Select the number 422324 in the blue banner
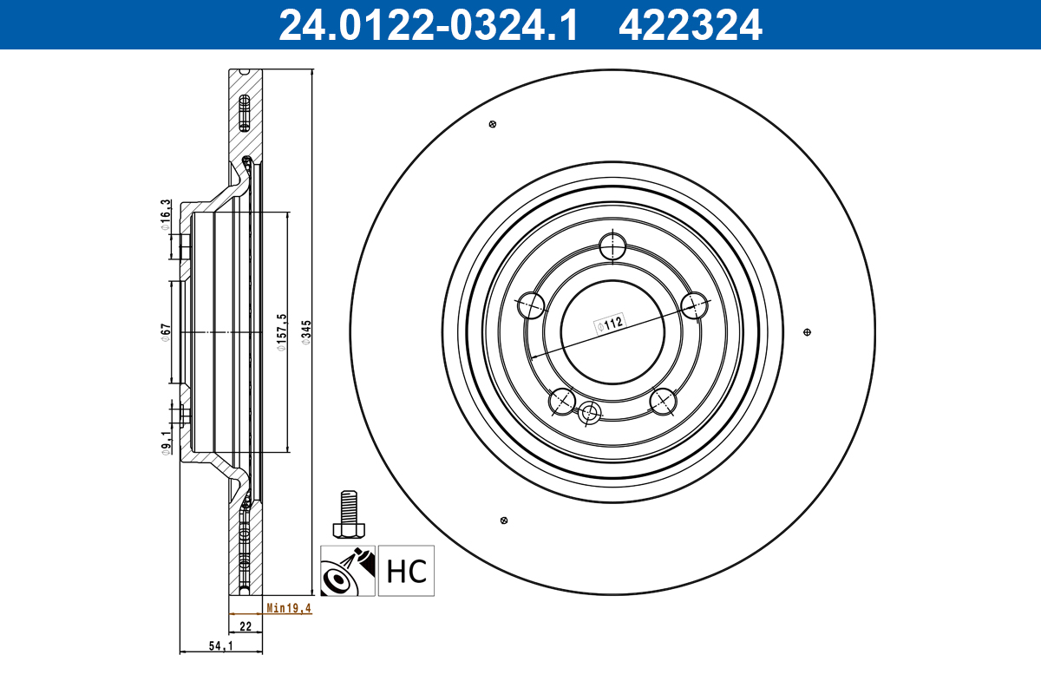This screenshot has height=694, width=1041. [x=690, y=24]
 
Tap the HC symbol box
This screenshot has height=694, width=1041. [x=406, y=571]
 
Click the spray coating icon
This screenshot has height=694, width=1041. [x=348, y=571]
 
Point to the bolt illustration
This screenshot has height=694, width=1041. [x=348, y=516]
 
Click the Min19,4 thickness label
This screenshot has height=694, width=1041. [x=288, y=608]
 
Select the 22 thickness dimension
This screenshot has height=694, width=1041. [x=246, y=625]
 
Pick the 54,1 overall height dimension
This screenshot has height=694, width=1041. [x=221, y=646]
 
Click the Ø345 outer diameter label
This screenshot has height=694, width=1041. [x=306, y=332]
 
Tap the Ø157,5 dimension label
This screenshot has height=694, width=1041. [x=281, y=333]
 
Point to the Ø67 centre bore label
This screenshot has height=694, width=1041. [x=165, y=332]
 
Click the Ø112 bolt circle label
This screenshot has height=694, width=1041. [x=610, y=324]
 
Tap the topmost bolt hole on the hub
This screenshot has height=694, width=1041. [x=612, y=246]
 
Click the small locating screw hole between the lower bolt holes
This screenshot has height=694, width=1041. [x=591, y=413]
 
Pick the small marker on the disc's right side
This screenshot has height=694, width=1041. [x=808, y=332]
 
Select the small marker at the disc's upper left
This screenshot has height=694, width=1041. [x=493, y=124]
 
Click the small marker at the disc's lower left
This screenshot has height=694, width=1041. [x=503, y=520]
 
